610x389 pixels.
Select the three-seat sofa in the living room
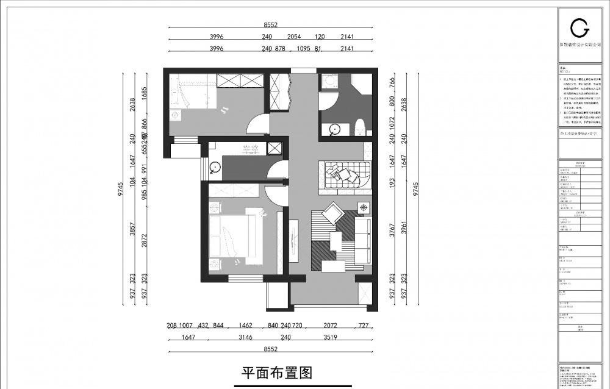click(x=361, y=242)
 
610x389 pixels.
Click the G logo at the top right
click(x=579, y=27)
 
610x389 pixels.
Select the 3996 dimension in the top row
click(x=217, y=37)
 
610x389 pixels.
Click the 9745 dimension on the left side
click(x=121, y=189)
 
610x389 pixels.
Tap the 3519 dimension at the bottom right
click(x=331, y=337)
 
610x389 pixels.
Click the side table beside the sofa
click(x=364, y=208)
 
